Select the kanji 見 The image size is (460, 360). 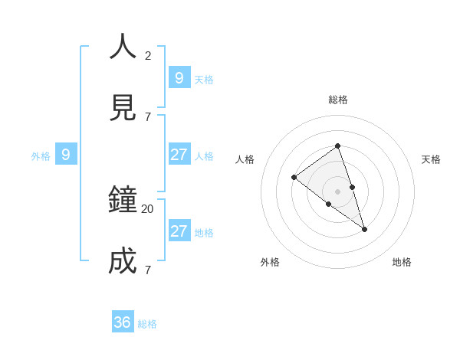tap(123, 108)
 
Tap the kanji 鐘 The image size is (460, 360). tap(123, 201)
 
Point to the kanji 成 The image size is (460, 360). tap(123, 262)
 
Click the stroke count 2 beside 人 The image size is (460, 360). tap(148, 55)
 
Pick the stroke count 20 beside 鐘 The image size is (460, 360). tap(147, 208)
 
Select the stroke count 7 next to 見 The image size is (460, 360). tap(148, 116)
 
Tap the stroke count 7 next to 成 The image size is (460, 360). tap(148, 270)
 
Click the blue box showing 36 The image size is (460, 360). tap(123, 322)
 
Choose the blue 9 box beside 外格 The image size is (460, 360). tap(66, 155)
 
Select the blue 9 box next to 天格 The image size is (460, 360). tap(179, 77)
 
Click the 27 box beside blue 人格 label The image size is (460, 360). tap(179, 154)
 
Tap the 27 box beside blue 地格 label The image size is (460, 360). tap(179, 231)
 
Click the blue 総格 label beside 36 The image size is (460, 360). tap(147, 324)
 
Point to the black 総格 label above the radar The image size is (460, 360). tap(337, 100)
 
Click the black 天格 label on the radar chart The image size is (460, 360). tap(431, 159)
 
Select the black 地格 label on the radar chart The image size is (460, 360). tap(402, 262)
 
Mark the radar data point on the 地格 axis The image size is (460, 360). tap(364, 229)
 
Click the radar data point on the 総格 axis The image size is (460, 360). tap(337, 146)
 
